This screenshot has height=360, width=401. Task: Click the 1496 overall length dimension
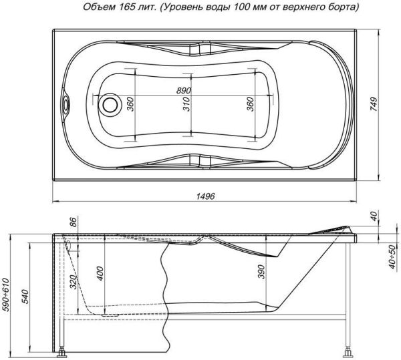point(206,196)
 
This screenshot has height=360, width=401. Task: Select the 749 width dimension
point(374,104)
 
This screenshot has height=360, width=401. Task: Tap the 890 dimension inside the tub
point(184,90)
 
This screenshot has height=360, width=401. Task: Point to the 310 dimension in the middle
point(187,104)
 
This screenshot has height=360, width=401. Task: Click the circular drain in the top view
point(110,105)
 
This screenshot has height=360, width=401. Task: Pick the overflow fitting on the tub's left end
point(66,105)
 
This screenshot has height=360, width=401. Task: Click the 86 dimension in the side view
point(73,222)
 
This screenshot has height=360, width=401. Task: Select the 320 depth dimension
point(74,282)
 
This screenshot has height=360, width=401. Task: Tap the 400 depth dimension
point(100,273)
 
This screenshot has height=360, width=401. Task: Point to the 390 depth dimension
point(261,271)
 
